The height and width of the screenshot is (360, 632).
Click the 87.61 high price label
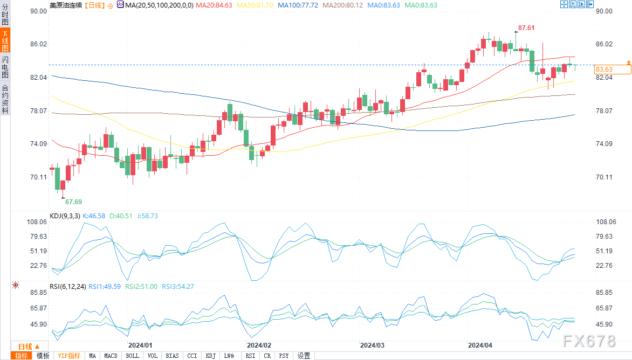tap(527, 27)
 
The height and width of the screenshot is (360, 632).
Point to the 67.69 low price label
tap(73, 202)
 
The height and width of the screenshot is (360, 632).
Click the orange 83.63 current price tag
tap(603, 70)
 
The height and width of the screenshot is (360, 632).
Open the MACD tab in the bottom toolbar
tap(111, 356)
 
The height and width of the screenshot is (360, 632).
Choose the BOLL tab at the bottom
tap(132, 356)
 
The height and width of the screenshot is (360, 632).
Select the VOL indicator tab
tap(153, 356)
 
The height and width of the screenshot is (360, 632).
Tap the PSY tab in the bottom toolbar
tap(284, 356)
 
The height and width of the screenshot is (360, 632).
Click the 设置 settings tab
tap(304, 356)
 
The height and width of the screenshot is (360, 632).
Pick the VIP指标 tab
tap(69, 356)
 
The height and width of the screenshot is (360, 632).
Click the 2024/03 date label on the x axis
tap(372, 345)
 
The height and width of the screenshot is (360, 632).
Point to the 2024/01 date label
tap(140, 345)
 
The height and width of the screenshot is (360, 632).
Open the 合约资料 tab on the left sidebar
tap(5, 99)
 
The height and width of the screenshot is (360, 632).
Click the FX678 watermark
tap(588, 341)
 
